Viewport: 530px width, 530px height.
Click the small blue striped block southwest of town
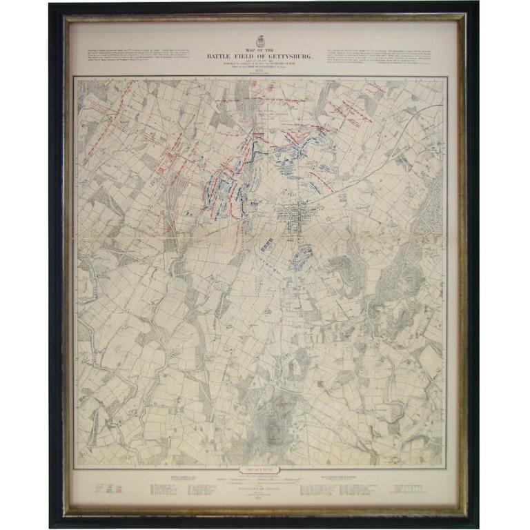click(266, 245)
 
